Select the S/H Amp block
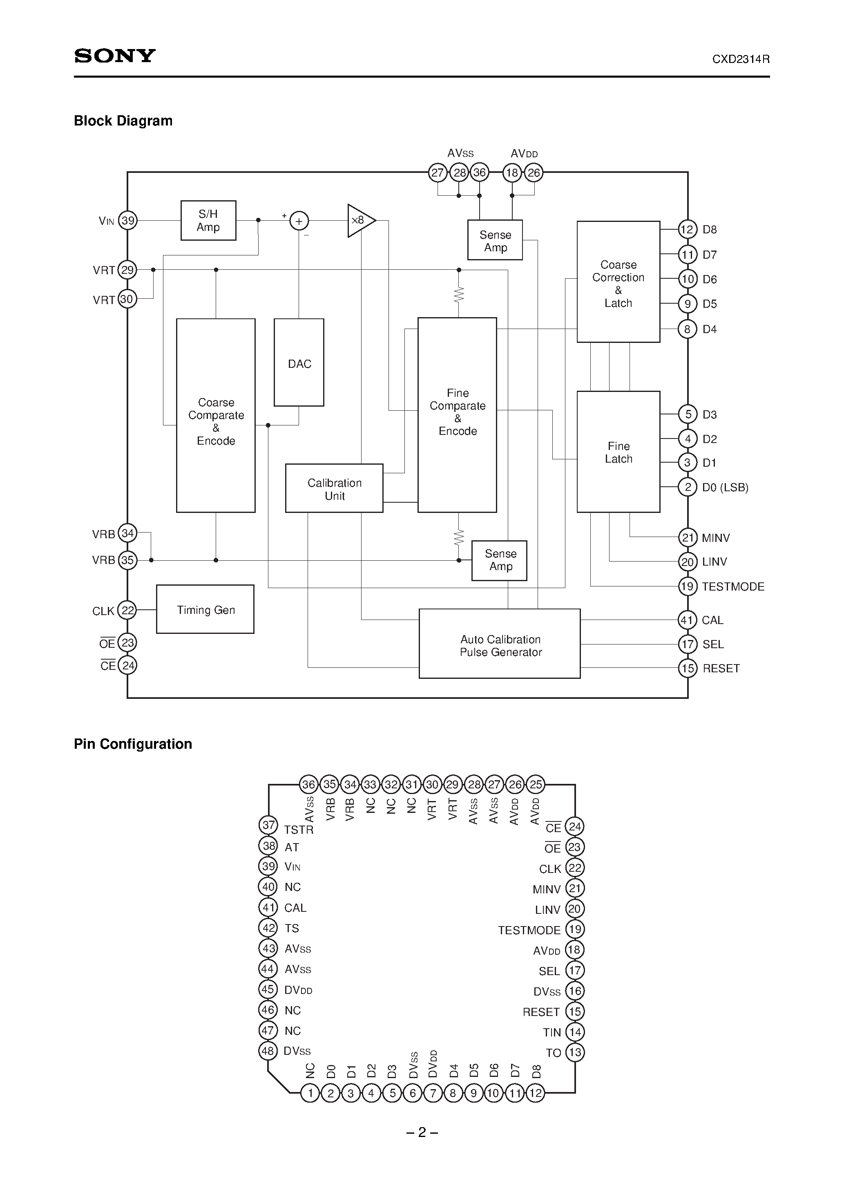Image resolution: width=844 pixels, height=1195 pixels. [208, 221]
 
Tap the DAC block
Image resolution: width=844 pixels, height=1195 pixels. [299, 363]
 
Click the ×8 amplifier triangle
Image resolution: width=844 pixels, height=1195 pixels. [359, 221]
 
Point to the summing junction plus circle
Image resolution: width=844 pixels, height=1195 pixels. [299, 221]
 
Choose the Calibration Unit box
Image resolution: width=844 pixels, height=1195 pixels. [334, 489]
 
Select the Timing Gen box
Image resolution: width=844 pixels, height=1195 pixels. [205, 609]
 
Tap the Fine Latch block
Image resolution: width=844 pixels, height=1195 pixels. [618, 452]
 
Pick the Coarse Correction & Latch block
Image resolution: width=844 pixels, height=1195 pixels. [618, 282]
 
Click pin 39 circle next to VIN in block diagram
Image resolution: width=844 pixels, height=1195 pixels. [127, 221]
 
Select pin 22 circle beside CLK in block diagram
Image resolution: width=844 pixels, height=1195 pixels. [127, 610]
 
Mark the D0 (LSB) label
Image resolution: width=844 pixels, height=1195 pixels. [725, 488]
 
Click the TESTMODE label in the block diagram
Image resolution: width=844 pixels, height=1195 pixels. [732, 586]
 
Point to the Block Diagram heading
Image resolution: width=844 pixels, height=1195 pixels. [123, 121]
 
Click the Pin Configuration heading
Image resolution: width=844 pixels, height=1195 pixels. [133, 744]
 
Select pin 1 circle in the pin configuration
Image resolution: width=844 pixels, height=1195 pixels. [310, 1093]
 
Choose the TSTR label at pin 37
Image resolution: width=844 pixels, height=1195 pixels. [299, 830]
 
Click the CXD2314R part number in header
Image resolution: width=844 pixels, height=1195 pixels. [741, 59]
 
